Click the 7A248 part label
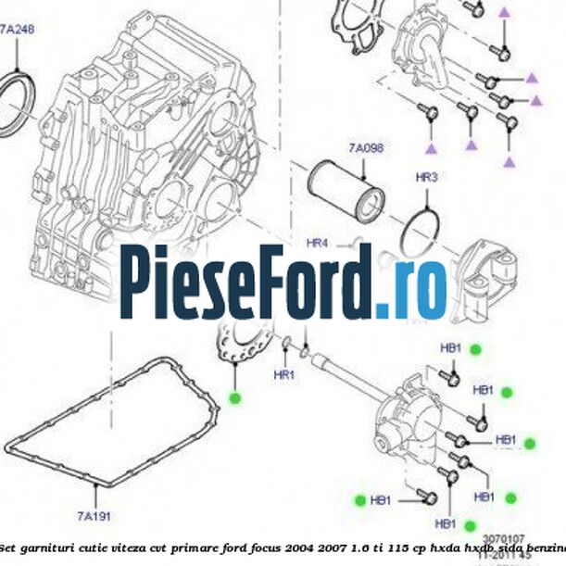pyautogui.click(x=16, y=30)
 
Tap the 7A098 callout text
pyautogui.click(x=366, y=147)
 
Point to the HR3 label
pyautogui.click(x=426, y=176)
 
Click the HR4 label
pyautogui.click(x=318, y=244)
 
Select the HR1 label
pyautogui.click(x=283, y=375)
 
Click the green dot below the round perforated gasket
pyautogui.click(x=234, y=398)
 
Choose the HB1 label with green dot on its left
pyautogui.click(x=380, y=500)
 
